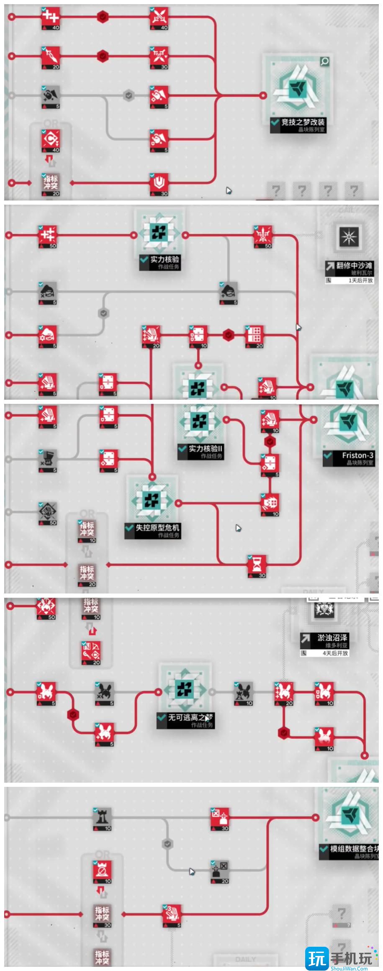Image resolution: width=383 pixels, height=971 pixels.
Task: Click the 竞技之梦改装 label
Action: coord(302,122)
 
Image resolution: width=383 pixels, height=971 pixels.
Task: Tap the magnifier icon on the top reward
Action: coord(324,62)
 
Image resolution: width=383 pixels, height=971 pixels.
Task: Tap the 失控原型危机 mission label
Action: coord(157,527)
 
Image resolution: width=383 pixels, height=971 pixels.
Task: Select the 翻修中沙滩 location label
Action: coord(354,265)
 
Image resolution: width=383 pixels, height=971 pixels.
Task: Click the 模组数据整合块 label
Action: coord(354,848)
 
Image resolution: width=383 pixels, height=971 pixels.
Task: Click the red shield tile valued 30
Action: coord(159,183)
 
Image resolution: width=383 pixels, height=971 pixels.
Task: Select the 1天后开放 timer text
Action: coord(360,280)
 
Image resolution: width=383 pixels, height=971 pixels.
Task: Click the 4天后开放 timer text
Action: coord(335,653)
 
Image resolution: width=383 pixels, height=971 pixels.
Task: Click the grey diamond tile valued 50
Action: coord(47,511)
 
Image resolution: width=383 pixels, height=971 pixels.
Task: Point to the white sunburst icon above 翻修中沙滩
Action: coord(348,238)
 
